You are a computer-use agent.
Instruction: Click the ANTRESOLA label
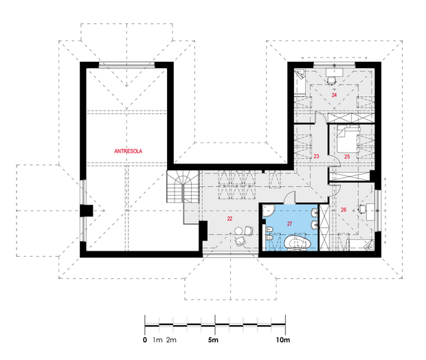click(128, 151)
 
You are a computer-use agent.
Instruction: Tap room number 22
click(230, 218)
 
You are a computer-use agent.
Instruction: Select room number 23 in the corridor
click(316, 156)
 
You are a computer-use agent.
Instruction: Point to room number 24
click(334, 95)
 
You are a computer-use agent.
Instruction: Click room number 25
click(347, 157)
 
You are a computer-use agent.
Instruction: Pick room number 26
click(344, 210)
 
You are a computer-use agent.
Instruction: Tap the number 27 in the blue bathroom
click(290, 223)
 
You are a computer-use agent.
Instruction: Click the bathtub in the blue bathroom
click(298, 242)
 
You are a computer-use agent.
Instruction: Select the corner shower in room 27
click(269, 211)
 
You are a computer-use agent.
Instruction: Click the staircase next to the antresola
click(183, 186)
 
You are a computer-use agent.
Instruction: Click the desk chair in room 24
click(332, 80)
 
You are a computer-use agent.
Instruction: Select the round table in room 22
click(239, 231)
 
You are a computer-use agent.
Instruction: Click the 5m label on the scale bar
click(213, 339)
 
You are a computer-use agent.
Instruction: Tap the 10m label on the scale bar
click(283, 339)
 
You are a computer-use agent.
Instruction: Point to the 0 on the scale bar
click(145, 340)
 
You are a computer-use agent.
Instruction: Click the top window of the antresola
click(126, 65)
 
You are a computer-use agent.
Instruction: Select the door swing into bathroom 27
click(290, 198)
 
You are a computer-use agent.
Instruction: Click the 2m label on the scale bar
click(171, 340)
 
